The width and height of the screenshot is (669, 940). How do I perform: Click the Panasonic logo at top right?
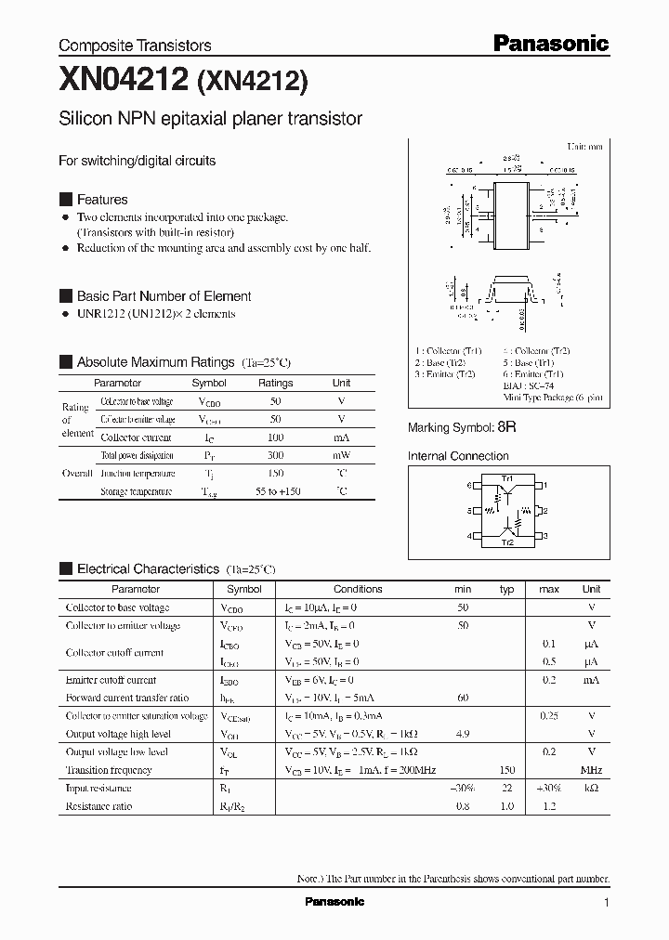pyautogui.click(x=549, y=43)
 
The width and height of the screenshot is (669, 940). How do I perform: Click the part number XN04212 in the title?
pyautogui.click(x=125, y=82)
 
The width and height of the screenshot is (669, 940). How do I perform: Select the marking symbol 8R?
pyautogui.click(x=506, y=427)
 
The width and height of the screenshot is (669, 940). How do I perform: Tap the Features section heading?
pyautogui.click(x=102, y=200)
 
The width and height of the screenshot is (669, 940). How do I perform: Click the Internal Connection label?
pyautogui.click(x=458, y=456)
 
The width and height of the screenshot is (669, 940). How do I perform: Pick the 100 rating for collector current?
pyautogui.click(x=275, y=437)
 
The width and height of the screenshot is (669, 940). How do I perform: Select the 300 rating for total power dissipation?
pyautogui.click(x=275, y=455)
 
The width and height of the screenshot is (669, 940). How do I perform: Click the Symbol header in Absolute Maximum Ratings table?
pyautogui.click(x=209, y=383)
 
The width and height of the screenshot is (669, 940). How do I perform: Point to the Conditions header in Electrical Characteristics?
pyautogui.click(x=358, y=589)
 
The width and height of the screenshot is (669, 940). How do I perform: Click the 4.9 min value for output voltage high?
pyautogui.click(x=463, y=734)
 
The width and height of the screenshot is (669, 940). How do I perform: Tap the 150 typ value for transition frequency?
pyautogui.click(x=506, y=770)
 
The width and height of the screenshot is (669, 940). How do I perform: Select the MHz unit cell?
pyautogui.click(x=591, y=770)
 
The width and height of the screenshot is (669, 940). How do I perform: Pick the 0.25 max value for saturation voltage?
pyautogui.click(x=549, y=716)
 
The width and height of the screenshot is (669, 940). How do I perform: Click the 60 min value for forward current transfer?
pyautogui.click(x=463, y=698)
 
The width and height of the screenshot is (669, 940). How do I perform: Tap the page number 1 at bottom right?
pyautogui.click(x=607, y=902)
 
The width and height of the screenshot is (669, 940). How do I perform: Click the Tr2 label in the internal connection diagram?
pyautogui.click(x=507, y=541)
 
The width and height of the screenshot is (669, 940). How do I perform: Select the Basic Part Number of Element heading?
pyautogui.click(x=164, y=296)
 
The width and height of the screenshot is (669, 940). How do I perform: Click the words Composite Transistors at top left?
pyautogui.click(x=135, y=46)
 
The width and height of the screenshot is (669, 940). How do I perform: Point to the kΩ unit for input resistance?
pyautogui.click(x=591, y=788)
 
